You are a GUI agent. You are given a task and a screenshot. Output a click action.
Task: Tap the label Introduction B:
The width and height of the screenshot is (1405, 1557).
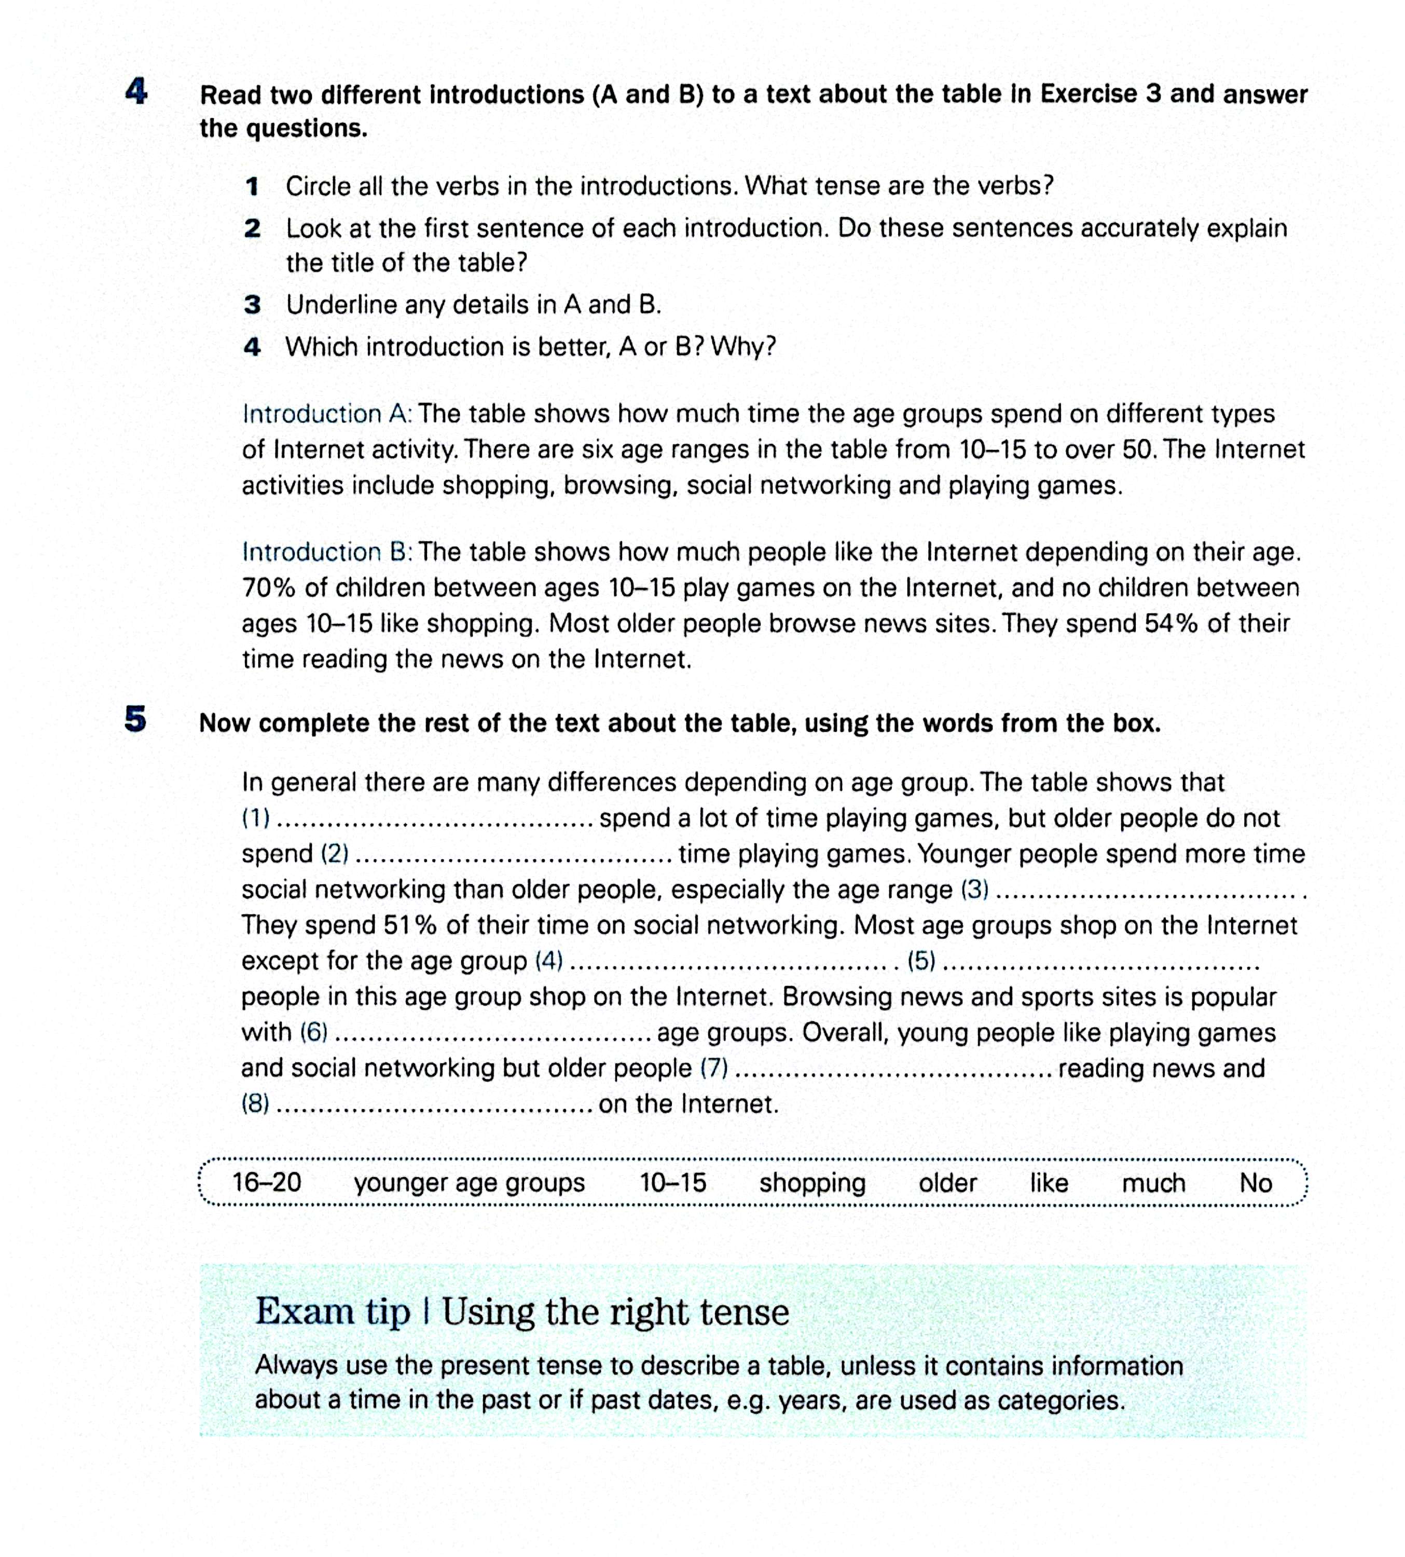point(327,552)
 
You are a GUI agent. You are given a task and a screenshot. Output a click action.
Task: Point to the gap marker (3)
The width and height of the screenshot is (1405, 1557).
point(974,890)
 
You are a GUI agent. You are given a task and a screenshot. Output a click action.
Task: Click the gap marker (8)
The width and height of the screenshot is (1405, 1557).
point(255,1103)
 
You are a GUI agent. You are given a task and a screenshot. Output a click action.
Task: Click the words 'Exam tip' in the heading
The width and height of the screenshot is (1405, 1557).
point(333,1312)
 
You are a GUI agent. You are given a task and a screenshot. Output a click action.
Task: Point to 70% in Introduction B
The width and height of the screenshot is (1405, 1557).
point(269,588)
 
